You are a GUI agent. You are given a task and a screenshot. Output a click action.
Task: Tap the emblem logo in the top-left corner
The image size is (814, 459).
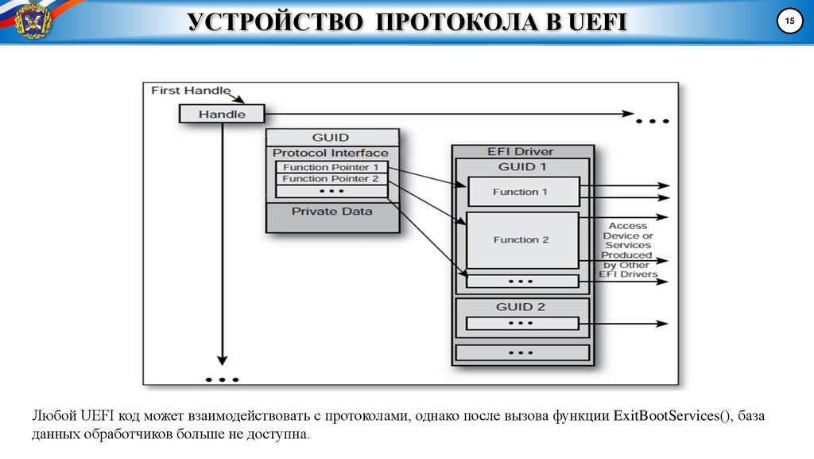coord(32,19)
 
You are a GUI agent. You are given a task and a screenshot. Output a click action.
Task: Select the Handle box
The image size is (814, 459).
coord(222,114)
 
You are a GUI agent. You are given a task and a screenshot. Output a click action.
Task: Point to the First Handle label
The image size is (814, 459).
coord(191,90)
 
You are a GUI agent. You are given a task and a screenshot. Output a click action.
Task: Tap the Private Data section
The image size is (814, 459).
coord(331,212)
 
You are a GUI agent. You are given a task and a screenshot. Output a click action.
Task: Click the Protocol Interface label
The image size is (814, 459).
coord(331,153)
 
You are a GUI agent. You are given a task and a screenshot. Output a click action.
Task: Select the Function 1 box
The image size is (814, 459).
coord(521,192)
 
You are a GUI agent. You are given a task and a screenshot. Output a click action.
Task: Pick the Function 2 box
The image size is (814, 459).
coord(521,239)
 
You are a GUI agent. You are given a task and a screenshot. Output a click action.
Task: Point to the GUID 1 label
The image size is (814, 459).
coord(521,167)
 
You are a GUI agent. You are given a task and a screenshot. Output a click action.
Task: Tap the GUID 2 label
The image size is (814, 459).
coord(521,307)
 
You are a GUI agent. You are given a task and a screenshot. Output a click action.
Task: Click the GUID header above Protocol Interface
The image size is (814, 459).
coord(331,137)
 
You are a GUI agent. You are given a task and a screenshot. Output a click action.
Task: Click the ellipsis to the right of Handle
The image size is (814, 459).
coord(652,122)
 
